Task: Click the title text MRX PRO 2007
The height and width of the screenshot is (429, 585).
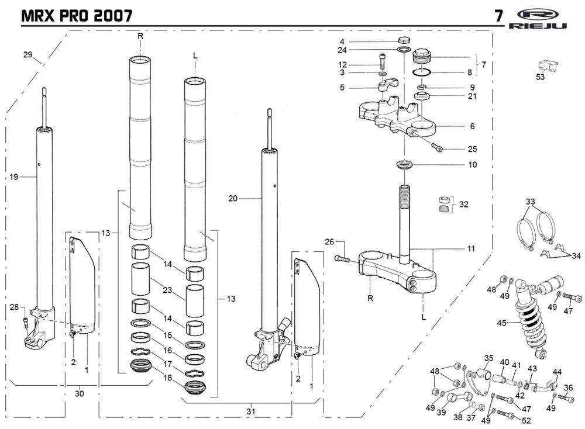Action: pyautogui.click(x=76, y=15)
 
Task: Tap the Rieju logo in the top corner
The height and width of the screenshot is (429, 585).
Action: pyautogui.click(x=545, y=18)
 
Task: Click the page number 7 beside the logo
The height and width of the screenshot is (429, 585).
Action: pyautogui.click(x=498, y=16)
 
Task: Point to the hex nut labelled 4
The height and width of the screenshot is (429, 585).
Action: pyautogui.click(x=402, y=41)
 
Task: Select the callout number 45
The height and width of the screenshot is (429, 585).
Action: pyautogui.click(x=501, y=323)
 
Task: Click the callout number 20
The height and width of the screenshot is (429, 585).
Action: pyautogui.click(x=233, y=199)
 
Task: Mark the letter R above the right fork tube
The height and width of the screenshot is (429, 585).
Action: pyautogui.click(x=140, y=36)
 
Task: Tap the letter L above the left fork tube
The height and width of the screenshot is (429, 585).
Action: pyautogui.click(x=195, y=55)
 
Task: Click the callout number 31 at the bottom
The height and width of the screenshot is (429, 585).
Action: pyautogui.click(x=250, y=411)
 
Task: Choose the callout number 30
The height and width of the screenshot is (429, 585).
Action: pyautogui.click(x=80, y=393)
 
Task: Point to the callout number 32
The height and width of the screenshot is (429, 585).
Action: pyautogui.click(x=464, y=205)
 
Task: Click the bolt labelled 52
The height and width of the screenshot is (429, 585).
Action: pyautogui.click(x=506, y=416)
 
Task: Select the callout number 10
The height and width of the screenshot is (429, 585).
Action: pyautogui.click(x=472, y=165)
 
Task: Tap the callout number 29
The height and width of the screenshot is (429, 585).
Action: pyautogui.click(x=27, y=54)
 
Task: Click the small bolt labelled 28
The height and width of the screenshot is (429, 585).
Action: pyautogui.click(x=25, y=320)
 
